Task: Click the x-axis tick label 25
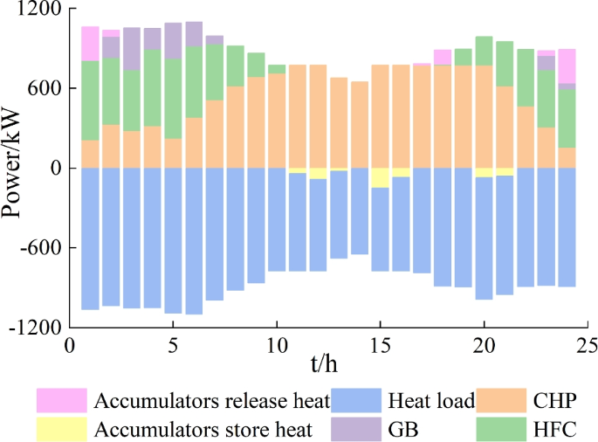pos(588,346)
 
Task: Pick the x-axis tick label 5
pos(173,346)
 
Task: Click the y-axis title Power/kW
pos(12,170)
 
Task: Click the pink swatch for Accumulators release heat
pos(61,401)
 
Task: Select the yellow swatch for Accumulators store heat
pos(61,428)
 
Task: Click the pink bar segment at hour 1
pos(90,44)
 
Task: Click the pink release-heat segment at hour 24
pos(567,66)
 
